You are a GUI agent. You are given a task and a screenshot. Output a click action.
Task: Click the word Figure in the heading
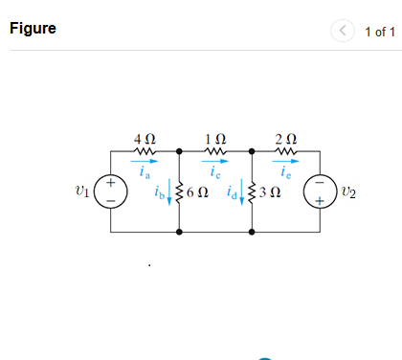(x=33, y=28)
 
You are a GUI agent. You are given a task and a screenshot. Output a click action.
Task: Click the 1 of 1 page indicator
(x=380, y=32)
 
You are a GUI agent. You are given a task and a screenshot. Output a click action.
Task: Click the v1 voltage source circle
(x=110, y=191)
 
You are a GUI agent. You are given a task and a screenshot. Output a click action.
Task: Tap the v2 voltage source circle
(x=321, y=191)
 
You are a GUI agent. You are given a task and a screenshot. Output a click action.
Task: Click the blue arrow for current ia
(x=145, y=164)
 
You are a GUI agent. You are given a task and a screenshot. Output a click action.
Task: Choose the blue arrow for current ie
(x=285, y=164)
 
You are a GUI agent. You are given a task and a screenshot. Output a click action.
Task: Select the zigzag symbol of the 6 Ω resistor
(x=180, y=191)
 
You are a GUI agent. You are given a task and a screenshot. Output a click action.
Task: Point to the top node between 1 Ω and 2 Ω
(x=253, y=151)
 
